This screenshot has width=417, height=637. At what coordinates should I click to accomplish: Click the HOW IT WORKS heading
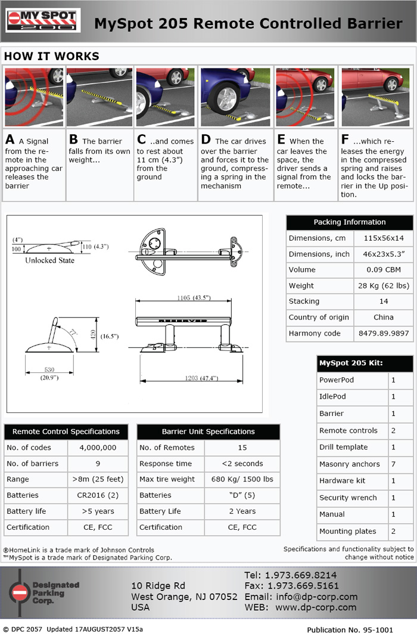pos(52,57)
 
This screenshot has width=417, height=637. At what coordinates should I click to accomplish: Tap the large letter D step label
pos(206,140)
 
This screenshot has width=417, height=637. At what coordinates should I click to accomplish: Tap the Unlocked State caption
pos(50,260)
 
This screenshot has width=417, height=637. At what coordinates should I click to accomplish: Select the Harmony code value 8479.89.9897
pos(383,333)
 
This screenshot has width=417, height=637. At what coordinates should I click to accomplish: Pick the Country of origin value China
pos(383,317)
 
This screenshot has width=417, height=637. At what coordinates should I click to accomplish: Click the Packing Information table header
pos(350,222)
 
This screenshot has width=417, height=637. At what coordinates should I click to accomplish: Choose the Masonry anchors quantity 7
pos(393,464)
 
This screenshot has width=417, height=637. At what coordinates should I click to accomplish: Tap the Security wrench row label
pos(348,498)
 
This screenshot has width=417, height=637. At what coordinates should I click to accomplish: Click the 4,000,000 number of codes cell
pos(98,448)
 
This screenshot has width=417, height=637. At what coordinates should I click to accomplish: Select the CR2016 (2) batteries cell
pos(98,495)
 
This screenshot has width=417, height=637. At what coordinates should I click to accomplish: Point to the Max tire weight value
pos(242,479)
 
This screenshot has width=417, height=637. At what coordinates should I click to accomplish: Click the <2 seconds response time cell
pos(242,464)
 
